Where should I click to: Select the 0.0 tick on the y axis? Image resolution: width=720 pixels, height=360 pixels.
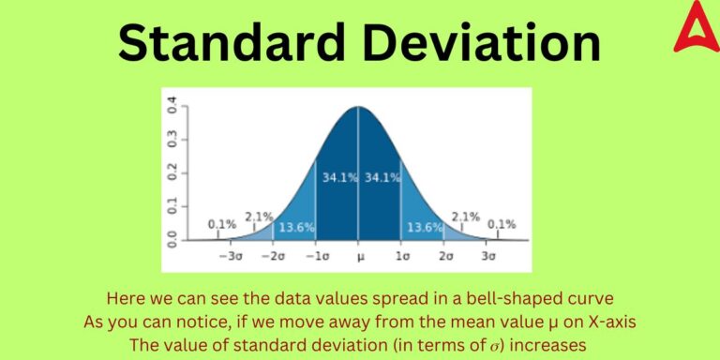171,240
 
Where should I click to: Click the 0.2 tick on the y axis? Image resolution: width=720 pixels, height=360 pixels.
171,173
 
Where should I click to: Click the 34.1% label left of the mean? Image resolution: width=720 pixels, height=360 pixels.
338,177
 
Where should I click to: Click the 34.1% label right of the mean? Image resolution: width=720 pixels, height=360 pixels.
381,177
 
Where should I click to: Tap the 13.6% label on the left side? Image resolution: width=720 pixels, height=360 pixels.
296,228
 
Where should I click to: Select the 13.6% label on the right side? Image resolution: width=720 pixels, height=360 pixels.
423,228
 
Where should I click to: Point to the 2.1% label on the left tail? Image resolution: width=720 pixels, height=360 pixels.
258,217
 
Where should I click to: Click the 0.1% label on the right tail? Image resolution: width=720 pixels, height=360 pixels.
501,224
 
